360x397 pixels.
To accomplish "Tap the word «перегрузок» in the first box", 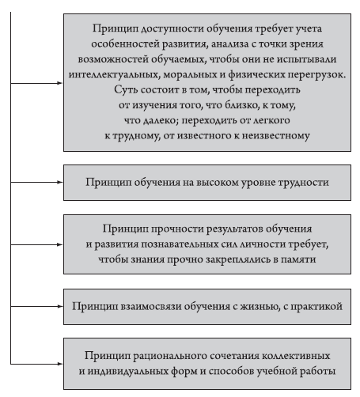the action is click(x=316, y=74).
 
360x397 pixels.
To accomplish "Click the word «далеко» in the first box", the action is click(x=161, y=120).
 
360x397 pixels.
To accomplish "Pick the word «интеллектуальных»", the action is click(x=114, y=74).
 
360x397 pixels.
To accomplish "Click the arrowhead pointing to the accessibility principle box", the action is click(x=60, y=83).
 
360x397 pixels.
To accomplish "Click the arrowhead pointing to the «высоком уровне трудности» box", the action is click(x=60, y=182).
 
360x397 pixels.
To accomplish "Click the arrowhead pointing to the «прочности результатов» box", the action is click(x=60, y=244).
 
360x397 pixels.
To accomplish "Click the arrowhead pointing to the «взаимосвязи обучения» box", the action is click(x=60, y=307).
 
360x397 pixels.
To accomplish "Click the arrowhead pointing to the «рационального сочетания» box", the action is click(x=60, y=364).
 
